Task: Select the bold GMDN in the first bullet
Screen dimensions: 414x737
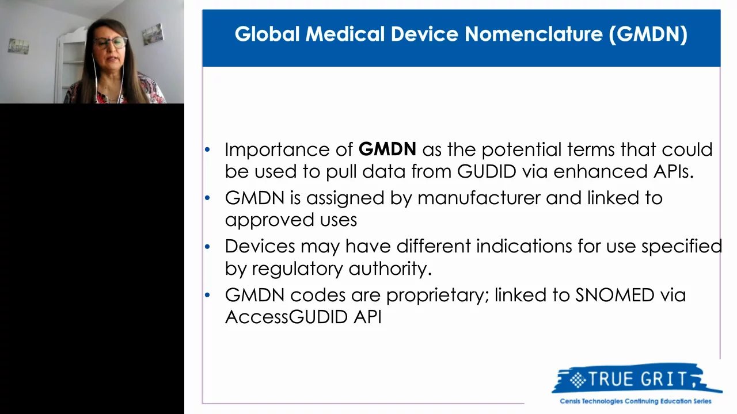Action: click(387, 149)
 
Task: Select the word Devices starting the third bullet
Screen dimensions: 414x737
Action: click(252, 246)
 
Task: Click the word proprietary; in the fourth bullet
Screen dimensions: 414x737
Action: click(437, 296)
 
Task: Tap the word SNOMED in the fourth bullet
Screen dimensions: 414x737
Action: click(614, 295)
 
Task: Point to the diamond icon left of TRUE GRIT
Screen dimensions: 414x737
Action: click(577, 379)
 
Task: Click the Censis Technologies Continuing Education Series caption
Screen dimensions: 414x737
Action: click(636, 401)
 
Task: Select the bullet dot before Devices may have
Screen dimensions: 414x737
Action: click(208, 247)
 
